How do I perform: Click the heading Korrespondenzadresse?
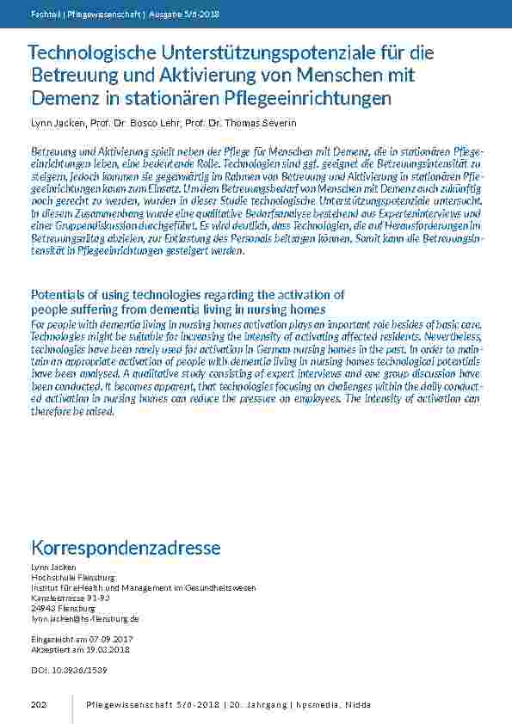click(x=126, y=548)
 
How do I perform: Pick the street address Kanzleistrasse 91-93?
click(x=71, y=598)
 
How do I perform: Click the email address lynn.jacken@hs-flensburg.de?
click(x=84, y=618)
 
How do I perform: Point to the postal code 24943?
click(x=44, y=608)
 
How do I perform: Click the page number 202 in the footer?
click(x=38, y=705)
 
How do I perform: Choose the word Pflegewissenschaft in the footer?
click(x=124, y=705)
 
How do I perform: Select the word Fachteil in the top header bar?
click(x=45, y=15)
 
